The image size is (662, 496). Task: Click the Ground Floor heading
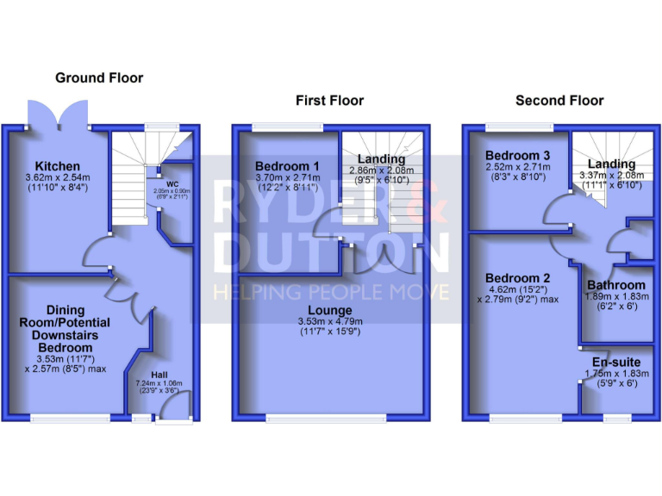coord(99,77)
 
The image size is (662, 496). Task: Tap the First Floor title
coord(329,101)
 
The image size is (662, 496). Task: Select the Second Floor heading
coord(559,101)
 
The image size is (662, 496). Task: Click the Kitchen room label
coord(58,166)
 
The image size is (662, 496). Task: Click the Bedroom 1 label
coord(287,166)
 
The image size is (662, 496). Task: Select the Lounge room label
coord(331,310)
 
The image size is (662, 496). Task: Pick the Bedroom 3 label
coord(506,154)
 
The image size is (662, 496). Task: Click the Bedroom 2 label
coord(517,278)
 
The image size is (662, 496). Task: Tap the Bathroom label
coord(615,285)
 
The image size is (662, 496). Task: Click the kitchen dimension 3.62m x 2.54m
coord(58,178)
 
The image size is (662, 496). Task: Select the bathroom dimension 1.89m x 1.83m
coord(615,296)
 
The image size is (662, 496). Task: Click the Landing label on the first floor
coord(381,159)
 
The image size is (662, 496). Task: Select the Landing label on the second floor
coord(611,164)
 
